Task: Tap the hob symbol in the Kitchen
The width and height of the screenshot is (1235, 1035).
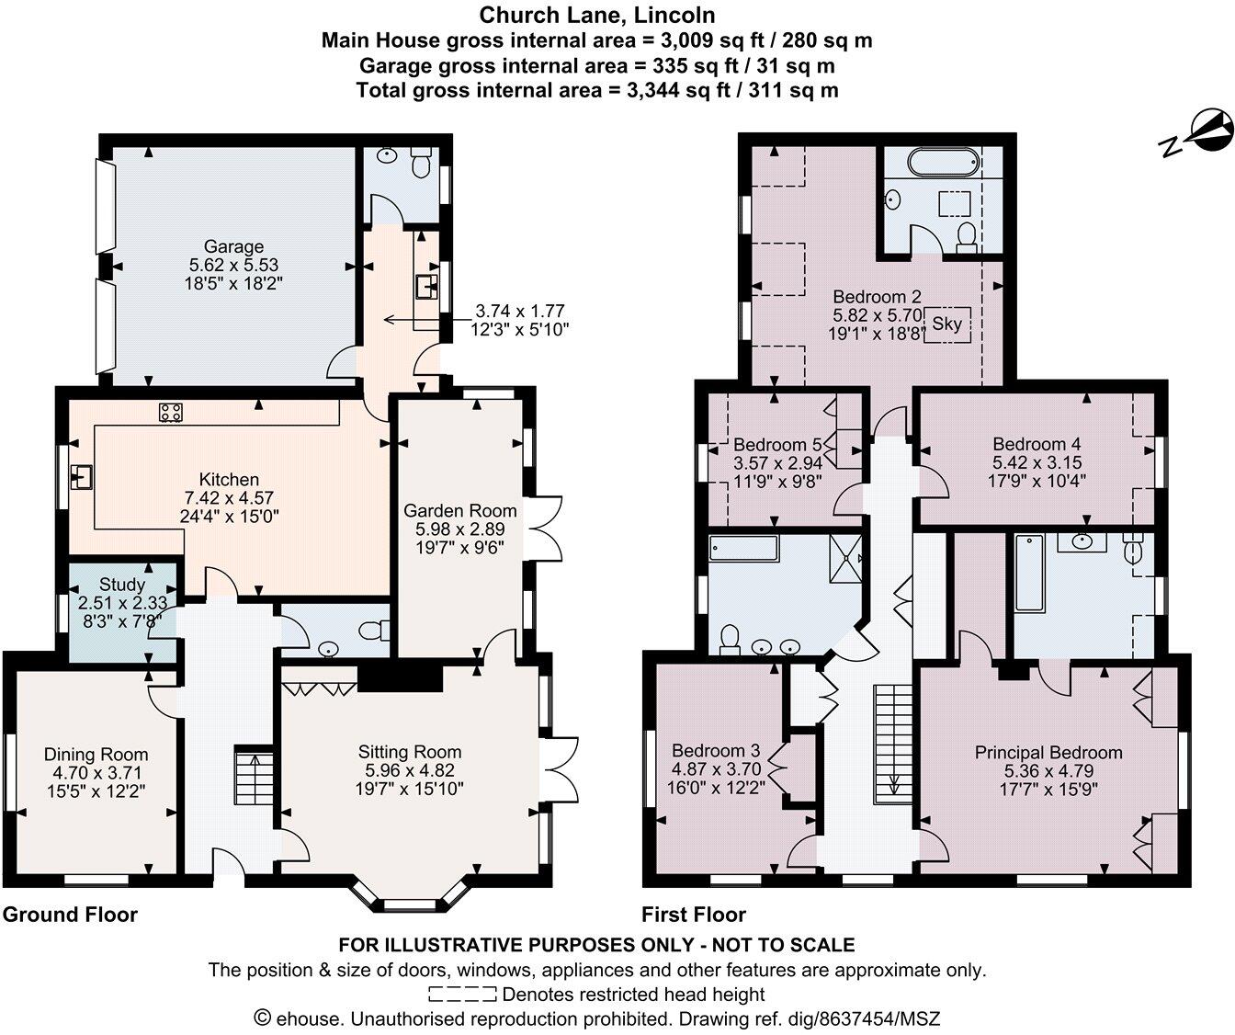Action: coord(170,413)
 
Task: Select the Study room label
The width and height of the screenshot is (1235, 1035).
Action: coord(122,585)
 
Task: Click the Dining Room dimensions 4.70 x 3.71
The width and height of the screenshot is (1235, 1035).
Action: coord(96,773)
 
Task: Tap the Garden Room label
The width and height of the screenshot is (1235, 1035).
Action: coord(460,510)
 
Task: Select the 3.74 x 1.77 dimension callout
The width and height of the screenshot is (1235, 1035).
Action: coord(519,320)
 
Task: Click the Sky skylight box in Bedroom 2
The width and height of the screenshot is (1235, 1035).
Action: coord(946,324)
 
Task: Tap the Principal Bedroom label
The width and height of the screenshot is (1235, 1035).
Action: coord(1048,753)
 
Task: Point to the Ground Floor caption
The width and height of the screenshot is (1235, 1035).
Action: coord(70,915)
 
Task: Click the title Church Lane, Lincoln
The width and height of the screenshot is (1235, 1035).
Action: coord(596,16)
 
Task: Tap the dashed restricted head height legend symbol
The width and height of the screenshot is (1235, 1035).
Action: coord(462,994)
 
